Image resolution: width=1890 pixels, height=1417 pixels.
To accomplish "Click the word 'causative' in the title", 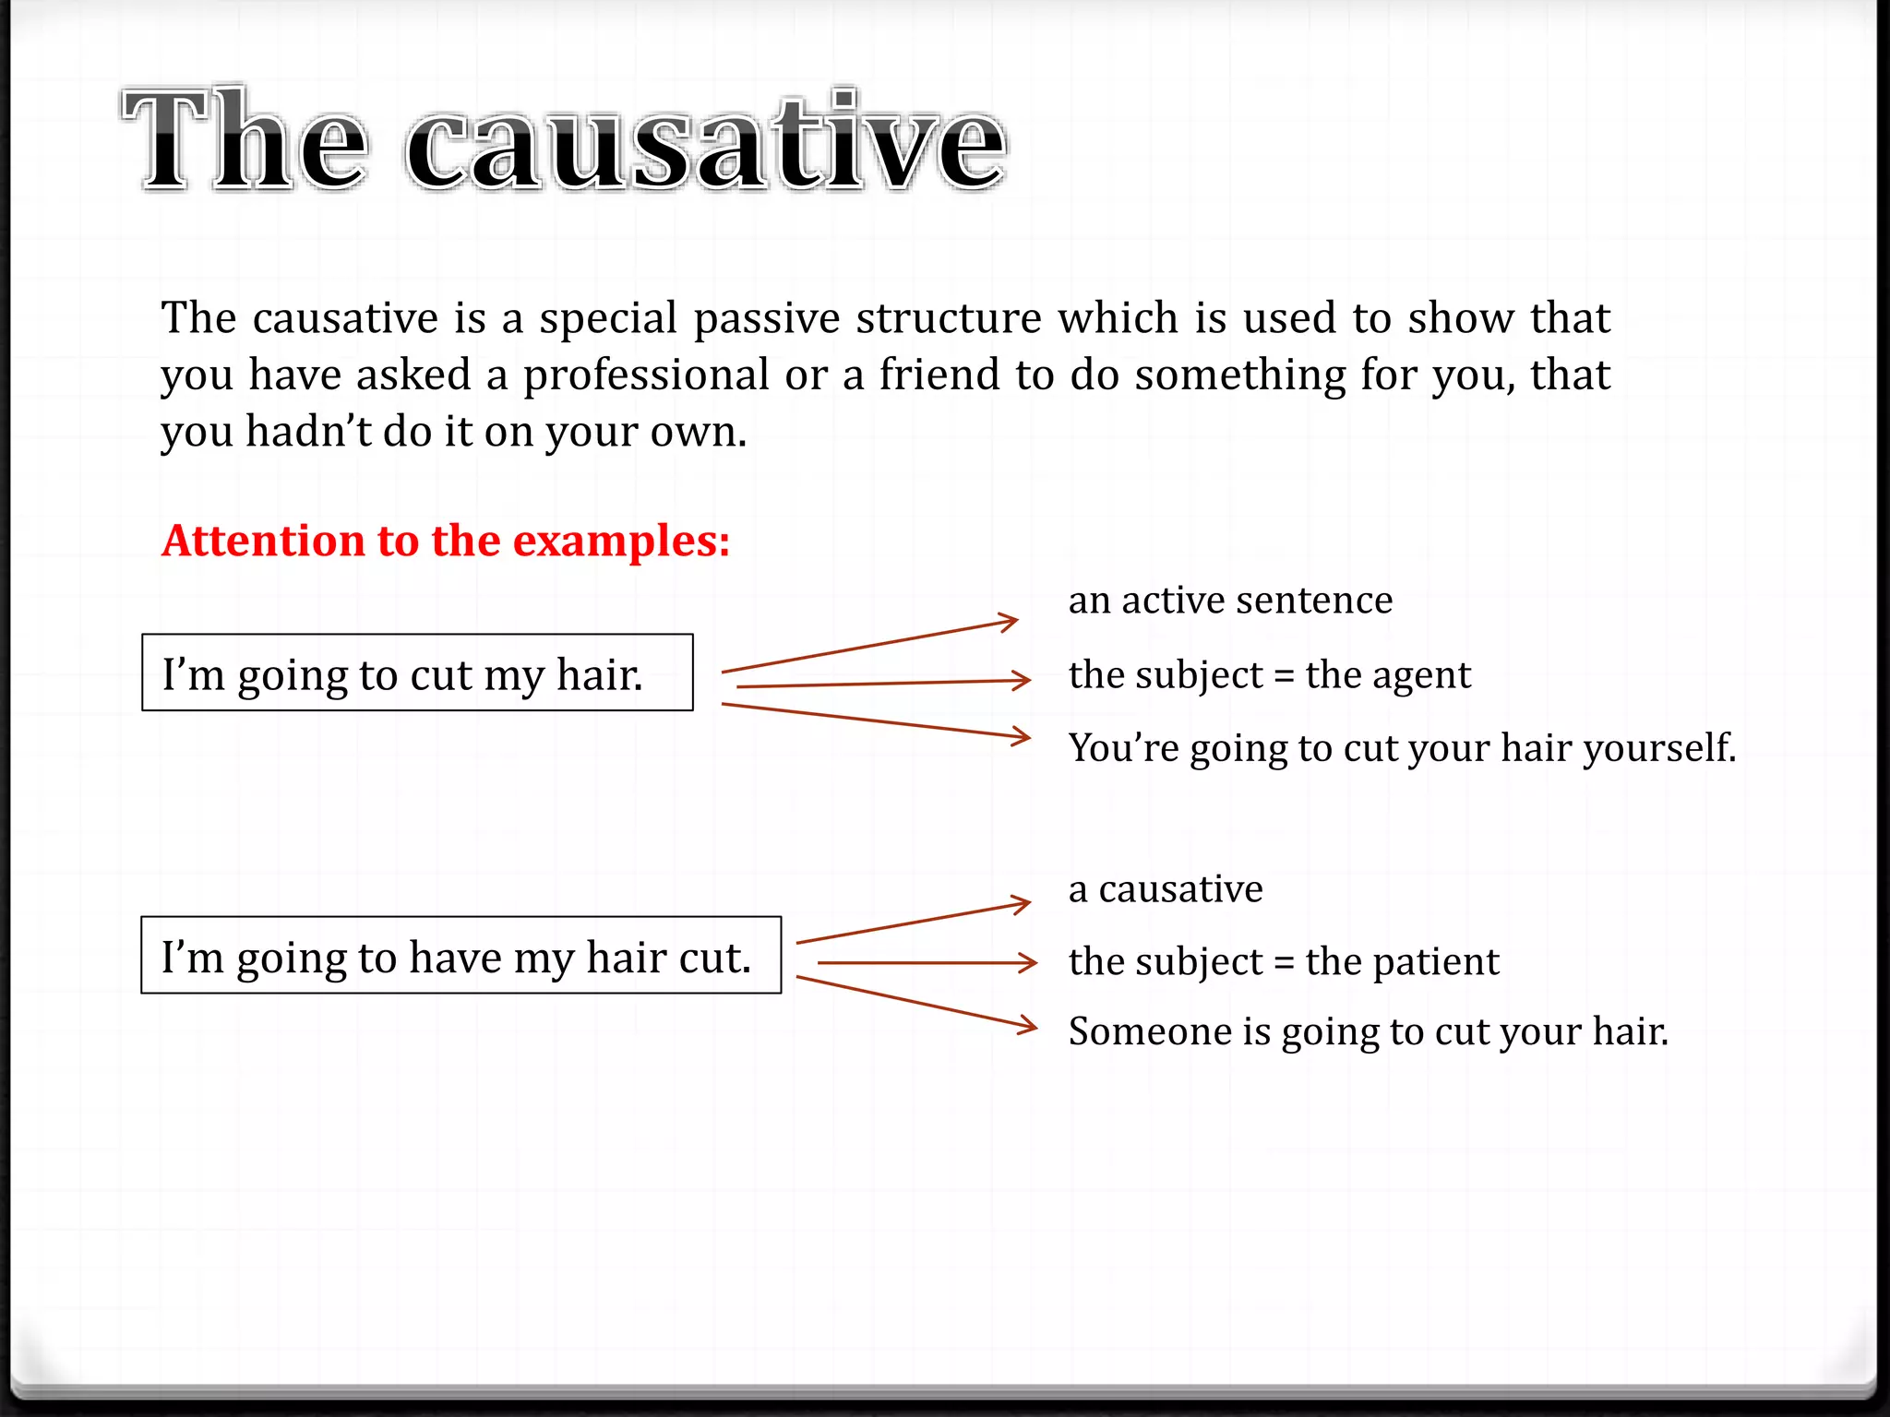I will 706,143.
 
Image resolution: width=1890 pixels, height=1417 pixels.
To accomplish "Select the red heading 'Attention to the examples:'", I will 446,541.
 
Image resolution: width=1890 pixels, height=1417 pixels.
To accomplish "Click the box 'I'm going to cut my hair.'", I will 417,673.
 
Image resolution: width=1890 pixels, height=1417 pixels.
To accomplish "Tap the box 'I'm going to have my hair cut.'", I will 461,956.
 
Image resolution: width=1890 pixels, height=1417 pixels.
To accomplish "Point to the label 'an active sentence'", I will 1230,601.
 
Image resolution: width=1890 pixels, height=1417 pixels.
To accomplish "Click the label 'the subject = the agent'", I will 1269,675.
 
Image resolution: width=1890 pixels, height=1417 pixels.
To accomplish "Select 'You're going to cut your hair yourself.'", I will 1402,748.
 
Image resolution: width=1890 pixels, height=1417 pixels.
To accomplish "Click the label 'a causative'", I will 1166,889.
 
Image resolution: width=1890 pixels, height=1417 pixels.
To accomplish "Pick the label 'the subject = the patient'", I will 1284,962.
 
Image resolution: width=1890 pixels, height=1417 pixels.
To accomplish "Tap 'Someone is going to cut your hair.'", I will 1369,1031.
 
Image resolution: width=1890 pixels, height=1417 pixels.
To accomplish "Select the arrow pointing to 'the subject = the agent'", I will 883,684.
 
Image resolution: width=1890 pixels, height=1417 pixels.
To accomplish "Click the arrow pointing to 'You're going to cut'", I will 875,720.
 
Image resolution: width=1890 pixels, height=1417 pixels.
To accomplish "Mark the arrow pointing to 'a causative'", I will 913,923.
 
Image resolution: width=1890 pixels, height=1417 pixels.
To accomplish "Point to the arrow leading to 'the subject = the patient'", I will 927,963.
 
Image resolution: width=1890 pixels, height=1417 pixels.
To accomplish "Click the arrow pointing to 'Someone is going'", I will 916,1002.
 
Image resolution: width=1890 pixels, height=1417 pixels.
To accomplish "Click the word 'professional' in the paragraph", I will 646,375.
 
